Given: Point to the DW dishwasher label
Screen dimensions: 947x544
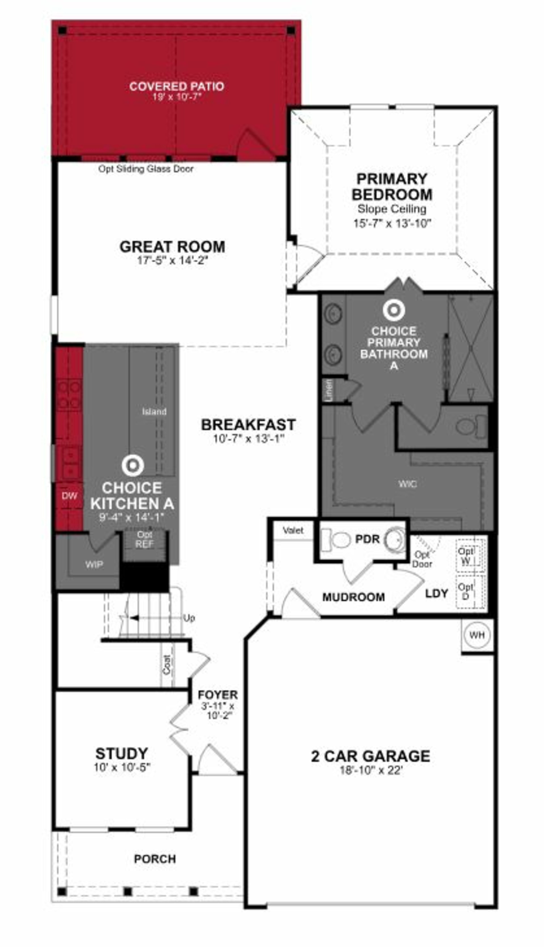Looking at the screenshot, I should (x=70, y=496).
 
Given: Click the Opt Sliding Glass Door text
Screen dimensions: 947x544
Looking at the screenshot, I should (x=146, y=169).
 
